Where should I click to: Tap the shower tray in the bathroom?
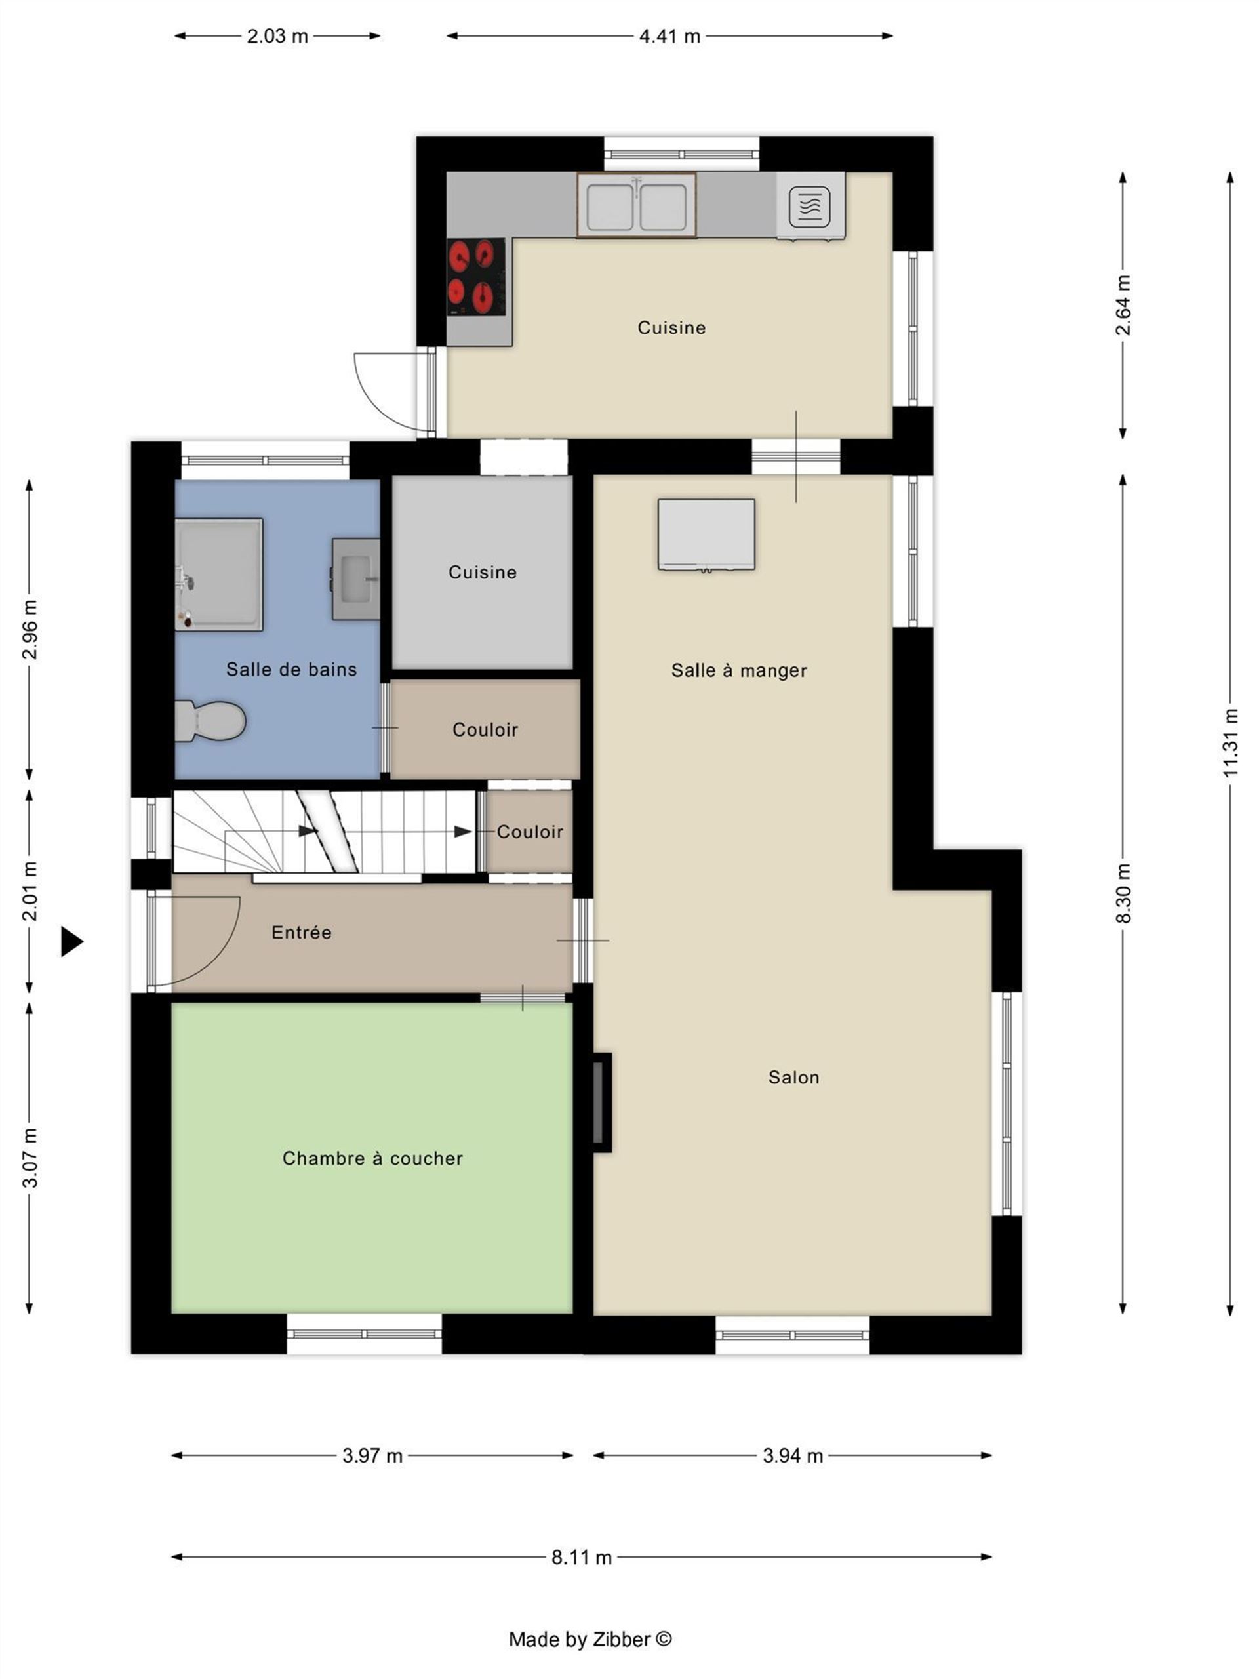click(218, 575)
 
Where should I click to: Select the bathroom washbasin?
click(355, 579)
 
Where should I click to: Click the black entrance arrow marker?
click(72, 942)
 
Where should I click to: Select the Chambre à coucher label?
click(372, 1158)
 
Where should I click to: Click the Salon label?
click(794, 1077)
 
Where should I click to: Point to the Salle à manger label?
click(739, 670)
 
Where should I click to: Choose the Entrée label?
click(301, 932)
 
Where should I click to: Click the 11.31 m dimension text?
click(1230, 742)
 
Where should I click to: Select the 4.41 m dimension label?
click(669, 35)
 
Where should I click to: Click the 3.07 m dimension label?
click(29, 1158)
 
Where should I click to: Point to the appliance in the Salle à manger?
click(706, 535)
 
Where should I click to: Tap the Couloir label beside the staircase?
click(530, 832)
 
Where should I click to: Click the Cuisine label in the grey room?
click(483, 573)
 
